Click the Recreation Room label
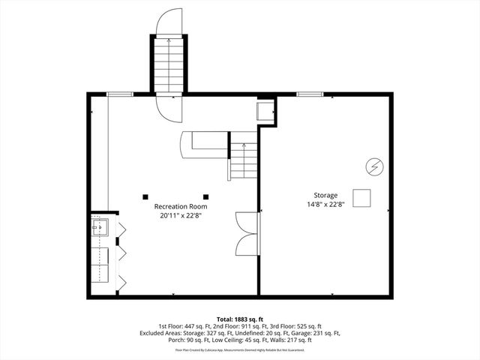click(x=180, y=206)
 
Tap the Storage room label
click(x=325, y=195)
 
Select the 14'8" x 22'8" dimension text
click(x=325, y=204)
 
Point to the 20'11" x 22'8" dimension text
click(x=180, y=215)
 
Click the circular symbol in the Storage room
click(x=373, y=166)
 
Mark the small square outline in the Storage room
click(x=362, y=198)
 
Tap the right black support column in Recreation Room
click(x=205, y=196)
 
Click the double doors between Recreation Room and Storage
click(x=247, y=233)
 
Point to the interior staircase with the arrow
click(x=242, y=160)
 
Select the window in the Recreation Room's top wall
click(x=120, y=94)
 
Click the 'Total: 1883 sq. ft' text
click(x=240, y=319)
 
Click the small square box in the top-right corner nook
click(x=265, y=111)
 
